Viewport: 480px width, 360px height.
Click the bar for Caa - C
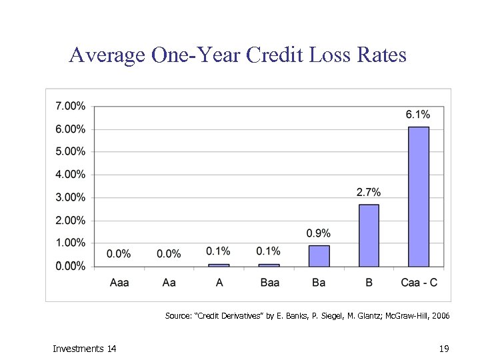click(419, 197)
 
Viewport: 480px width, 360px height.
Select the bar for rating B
click(369, 235)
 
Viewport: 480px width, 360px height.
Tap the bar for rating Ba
click(319, 256)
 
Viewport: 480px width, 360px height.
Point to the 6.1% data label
click(418, 115)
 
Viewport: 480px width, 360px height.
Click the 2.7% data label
click(369, 193)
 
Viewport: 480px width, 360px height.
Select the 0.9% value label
click(319, 233)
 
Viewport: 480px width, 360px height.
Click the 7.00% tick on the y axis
click(70, 106)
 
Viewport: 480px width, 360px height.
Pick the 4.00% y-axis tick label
click(70, 175)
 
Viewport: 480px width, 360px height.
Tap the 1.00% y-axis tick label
click(70, 243)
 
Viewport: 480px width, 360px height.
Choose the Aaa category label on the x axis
click(119, 283)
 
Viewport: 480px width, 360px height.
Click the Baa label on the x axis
click(269, 283)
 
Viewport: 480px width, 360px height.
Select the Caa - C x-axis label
click(419, 283)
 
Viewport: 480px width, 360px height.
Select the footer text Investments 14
click(84, 349)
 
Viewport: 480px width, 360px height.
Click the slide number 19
click(445, 349)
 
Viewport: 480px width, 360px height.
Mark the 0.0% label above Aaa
click(119, 254)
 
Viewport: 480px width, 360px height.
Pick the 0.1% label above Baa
click(269, 251)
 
